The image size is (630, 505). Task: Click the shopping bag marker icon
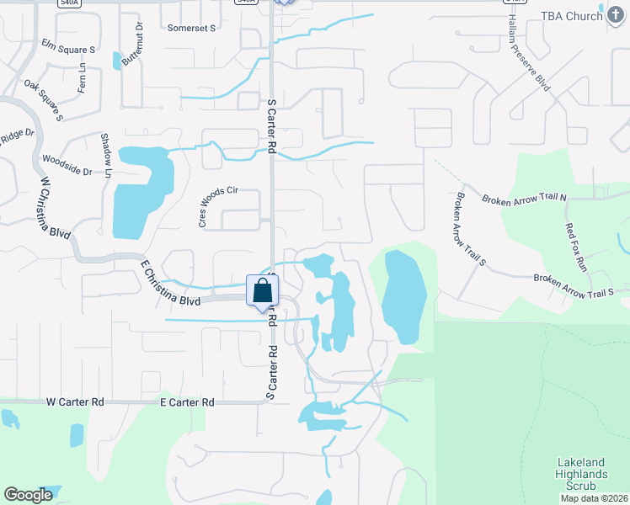point(263,291)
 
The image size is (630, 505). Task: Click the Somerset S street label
point(192,28)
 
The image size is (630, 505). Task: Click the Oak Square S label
point(44,98)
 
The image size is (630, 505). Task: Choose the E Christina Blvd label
point(170,288)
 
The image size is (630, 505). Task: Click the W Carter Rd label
point(75,402)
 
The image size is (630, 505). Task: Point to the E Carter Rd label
point(187,402)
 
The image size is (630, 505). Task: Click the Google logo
point(29,495)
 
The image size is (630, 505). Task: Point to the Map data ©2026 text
point(595,498)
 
